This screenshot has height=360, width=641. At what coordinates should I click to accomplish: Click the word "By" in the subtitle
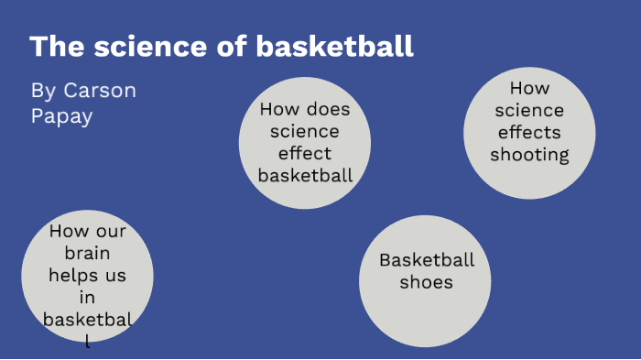pos(43,91)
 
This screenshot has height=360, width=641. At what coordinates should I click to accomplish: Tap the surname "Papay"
pos(61,116)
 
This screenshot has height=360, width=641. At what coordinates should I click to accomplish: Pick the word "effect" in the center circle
pos(305,153)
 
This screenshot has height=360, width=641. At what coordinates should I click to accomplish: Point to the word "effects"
pos(529,132)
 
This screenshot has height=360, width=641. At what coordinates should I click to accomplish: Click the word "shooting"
pos(529,154)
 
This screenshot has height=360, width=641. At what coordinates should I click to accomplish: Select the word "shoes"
pos(427,281)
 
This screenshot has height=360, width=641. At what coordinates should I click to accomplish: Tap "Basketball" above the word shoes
pos(427,259)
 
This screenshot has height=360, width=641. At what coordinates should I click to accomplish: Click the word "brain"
pos(87,253)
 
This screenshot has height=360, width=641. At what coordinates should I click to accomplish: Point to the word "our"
pos(108,231)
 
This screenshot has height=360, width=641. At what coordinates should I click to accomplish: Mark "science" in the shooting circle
pos(529,110)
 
